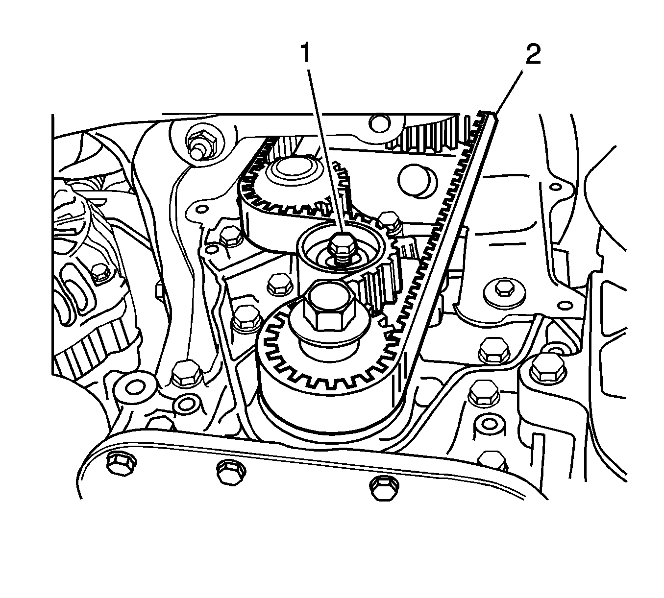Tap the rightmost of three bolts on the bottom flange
click(381, 487)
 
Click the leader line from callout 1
click(323, 147)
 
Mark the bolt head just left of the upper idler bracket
click(229, 237)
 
